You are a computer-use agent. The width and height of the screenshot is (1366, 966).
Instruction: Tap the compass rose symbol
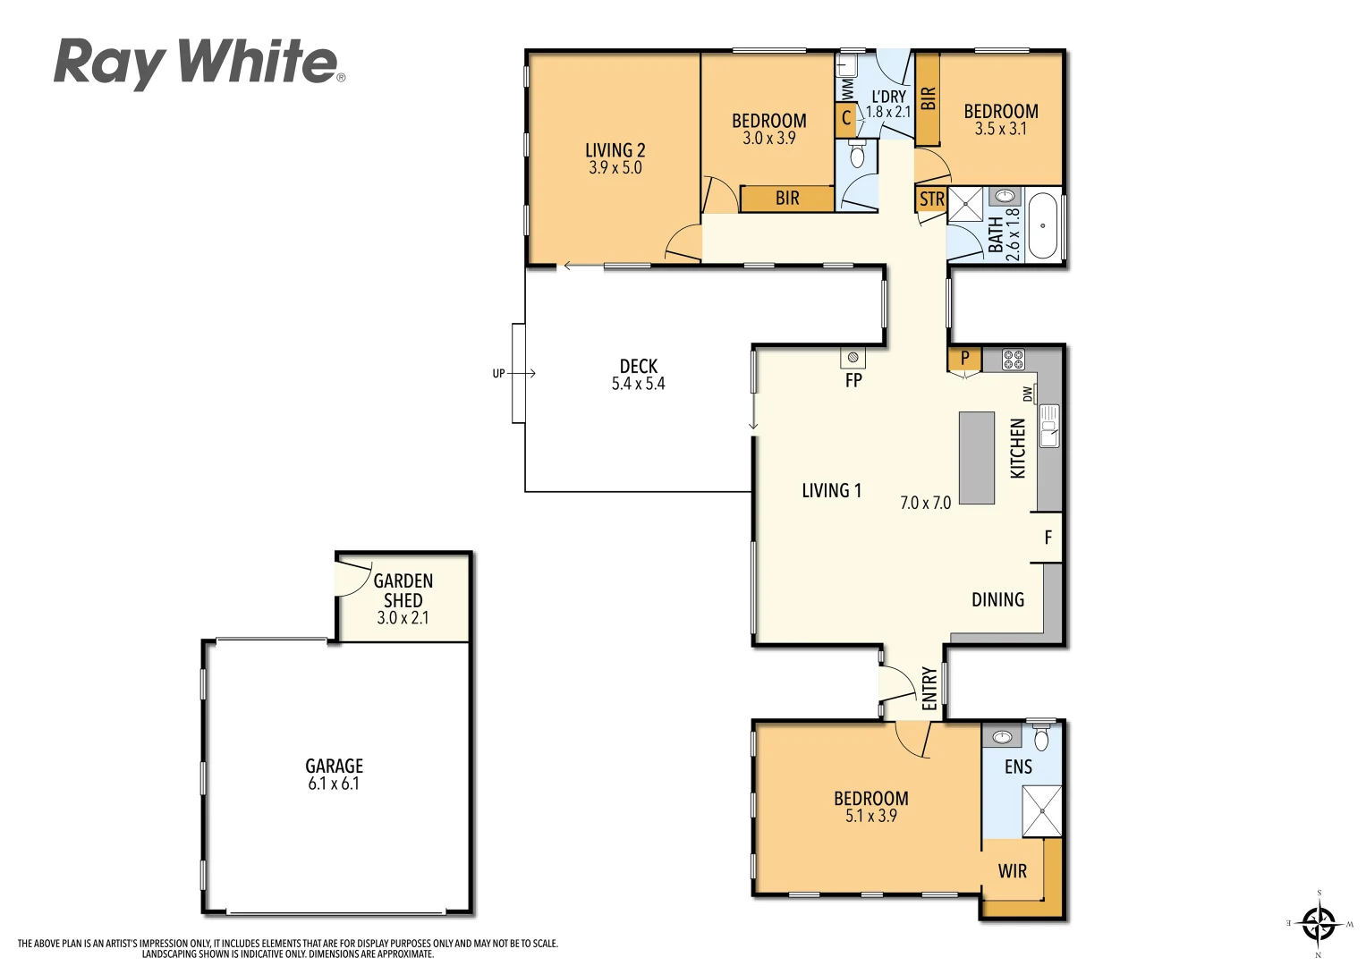click(1318, 922)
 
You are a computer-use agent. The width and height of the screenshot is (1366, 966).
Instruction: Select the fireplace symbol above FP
click(853, 358)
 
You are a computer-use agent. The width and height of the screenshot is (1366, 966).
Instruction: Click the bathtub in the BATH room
click(1042, 225)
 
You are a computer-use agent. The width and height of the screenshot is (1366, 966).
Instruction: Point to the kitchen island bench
click(977, 457)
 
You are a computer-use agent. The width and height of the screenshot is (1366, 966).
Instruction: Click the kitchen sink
click(1048, 426)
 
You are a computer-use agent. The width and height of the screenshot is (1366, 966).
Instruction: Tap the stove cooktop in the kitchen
click(1013, 360)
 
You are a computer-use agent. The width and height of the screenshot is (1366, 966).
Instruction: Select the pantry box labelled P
click(964, 359)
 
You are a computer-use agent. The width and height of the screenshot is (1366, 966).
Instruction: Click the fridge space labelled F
click(1048, 538)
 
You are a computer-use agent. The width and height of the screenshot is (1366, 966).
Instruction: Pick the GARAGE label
click(334, 766)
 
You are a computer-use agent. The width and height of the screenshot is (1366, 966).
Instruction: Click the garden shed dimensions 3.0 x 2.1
click(403, 618)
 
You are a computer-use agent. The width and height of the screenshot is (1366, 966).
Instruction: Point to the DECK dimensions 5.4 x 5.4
click(638, 384)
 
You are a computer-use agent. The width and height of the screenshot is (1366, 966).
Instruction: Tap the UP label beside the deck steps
click(498, 374)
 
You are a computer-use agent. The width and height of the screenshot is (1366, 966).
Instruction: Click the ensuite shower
click(1041, 810)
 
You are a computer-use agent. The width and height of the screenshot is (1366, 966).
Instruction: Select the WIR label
click(1012, 871)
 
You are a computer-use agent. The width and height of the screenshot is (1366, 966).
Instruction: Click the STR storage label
click(931, 199)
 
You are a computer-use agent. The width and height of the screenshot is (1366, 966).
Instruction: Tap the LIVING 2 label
click(615, 150)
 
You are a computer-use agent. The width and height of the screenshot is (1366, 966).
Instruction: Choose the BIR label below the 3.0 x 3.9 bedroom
click(787, 199)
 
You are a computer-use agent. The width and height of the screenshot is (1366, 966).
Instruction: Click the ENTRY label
click(929, 688)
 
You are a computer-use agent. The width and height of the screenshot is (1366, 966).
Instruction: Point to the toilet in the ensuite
click(1041, 737)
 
